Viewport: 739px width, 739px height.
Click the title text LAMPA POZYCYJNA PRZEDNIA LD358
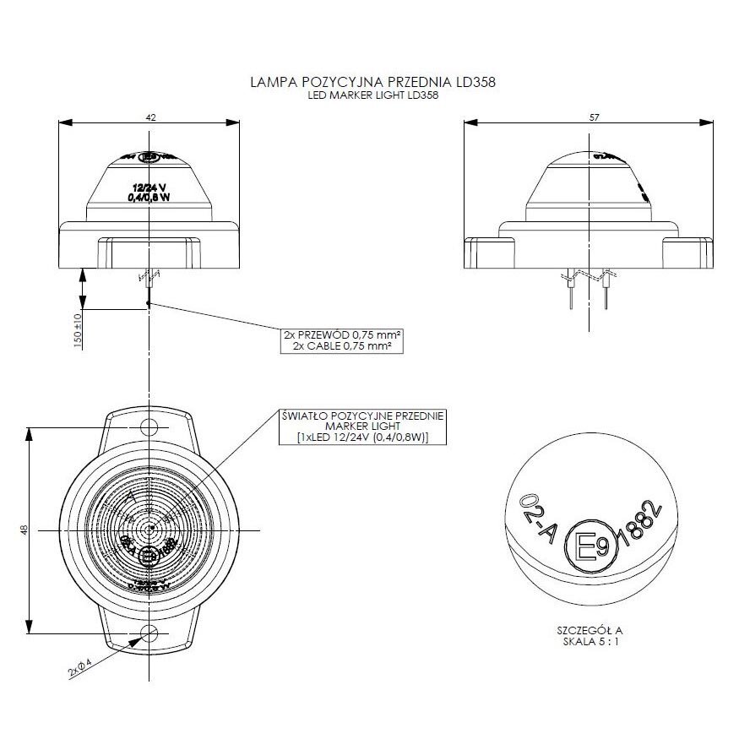(x=372, y=83)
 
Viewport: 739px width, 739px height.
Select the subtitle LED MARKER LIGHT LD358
(x=372, y=95)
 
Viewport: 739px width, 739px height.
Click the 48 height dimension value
(x=24, y=530)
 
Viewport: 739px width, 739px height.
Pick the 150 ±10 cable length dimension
(x=77, y=331)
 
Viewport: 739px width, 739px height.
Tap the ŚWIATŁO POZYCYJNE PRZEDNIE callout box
(x=363, y=427)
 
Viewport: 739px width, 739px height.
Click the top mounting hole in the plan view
(x=149, y=426)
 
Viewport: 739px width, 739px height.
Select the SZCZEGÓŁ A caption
(x=590, y=630)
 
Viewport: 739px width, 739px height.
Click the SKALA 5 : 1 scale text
(x=590, y=641)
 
